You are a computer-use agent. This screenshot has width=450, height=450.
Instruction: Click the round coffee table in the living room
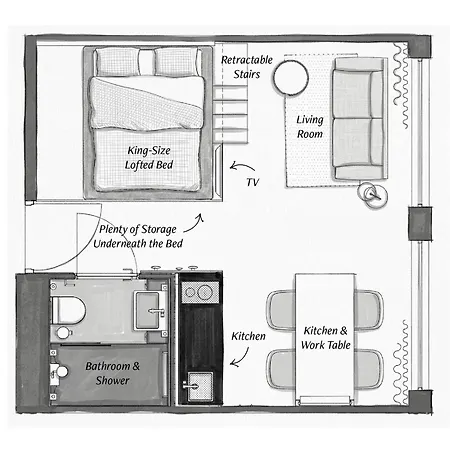291,78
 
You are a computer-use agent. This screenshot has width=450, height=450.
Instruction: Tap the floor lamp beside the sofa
372,195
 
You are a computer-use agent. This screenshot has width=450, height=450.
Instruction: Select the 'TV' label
253,182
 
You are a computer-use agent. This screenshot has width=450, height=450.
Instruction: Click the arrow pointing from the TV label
242,166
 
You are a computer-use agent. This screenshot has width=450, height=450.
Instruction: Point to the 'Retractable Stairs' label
247,67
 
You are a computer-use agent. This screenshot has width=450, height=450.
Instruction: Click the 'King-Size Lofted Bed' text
149,158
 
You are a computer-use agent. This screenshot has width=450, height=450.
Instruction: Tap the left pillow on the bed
117,61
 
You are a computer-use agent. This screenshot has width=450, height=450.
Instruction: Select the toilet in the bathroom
68,310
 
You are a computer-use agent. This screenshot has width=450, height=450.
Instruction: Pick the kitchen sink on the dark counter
199,386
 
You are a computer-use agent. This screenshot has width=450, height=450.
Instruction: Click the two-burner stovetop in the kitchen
200,292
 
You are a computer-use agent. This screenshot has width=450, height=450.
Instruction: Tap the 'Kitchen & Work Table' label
325,338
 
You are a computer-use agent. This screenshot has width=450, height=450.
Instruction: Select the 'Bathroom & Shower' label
113,373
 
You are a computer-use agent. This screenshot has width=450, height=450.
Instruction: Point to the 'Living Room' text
310,127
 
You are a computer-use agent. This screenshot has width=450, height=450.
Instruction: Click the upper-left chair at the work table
281,310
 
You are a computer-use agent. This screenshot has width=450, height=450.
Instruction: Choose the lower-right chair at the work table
369,369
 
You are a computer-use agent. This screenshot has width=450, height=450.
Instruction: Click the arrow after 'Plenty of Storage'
194,223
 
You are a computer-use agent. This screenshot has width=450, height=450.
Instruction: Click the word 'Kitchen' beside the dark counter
248,336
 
